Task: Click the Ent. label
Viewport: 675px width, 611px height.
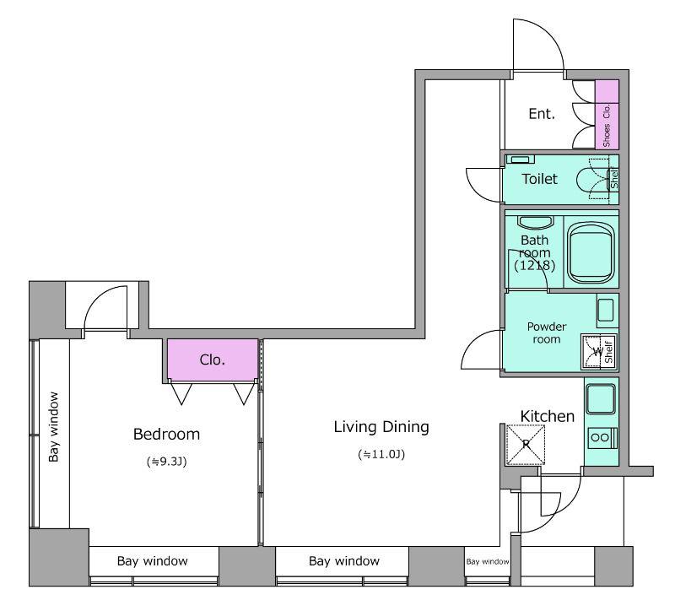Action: pyautogui.click(x=542, y=114)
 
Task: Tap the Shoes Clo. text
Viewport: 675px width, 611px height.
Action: pyautogui.click(x=607, y=125)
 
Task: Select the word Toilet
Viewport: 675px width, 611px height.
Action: pyautogui.click(x=539, y=179)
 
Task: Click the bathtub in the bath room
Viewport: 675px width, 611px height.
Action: pyautogui.click(x=591, y=252)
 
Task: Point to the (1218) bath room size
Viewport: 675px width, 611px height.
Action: pyautogui.click(x=535, y=265)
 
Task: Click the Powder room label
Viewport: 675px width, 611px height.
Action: pyautogui.click(x=547, y=333)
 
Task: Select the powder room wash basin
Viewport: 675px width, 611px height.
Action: pyautogui.click(x=606, y=310)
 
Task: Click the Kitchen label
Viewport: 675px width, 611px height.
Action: pyautogui.click(x=547, y=416)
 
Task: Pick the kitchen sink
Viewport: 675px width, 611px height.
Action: pyautogui.click(x=601, y=398)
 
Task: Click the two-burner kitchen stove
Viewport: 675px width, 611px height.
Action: pyautogui.click(x=602, y=438)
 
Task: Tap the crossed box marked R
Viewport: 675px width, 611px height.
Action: pyautogui.click(x=526, y=445)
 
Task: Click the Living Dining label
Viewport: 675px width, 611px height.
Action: pyautogui.click(x=381, y=427)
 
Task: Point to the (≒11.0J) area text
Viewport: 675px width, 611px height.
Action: pyautogui.click(x=381, y=454)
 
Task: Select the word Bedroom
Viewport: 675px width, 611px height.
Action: pyautogui.click(x=166, y=434)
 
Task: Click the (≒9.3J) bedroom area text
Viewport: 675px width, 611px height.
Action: pyautogui.click(x=166, y=462)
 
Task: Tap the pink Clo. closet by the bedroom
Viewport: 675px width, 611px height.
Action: pyautogui.click(x=213, y=360)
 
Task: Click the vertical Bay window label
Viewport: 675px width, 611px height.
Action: pyautogui.click(x=53, y=427)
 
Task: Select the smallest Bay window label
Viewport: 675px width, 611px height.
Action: pyautogui.click(x=488, y=561)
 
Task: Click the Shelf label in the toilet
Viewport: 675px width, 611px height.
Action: pyautogui.click(x=614, y=177)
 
